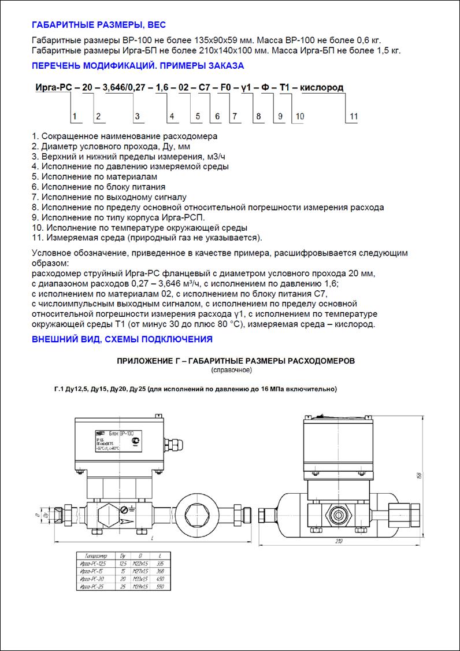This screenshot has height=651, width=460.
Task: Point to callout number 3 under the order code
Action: coord(137,117)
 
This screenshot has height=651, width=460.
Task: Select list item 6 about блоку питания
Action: coord(99,187)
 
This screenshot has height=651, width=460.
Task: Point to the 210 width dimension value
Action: coord(339,541)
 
